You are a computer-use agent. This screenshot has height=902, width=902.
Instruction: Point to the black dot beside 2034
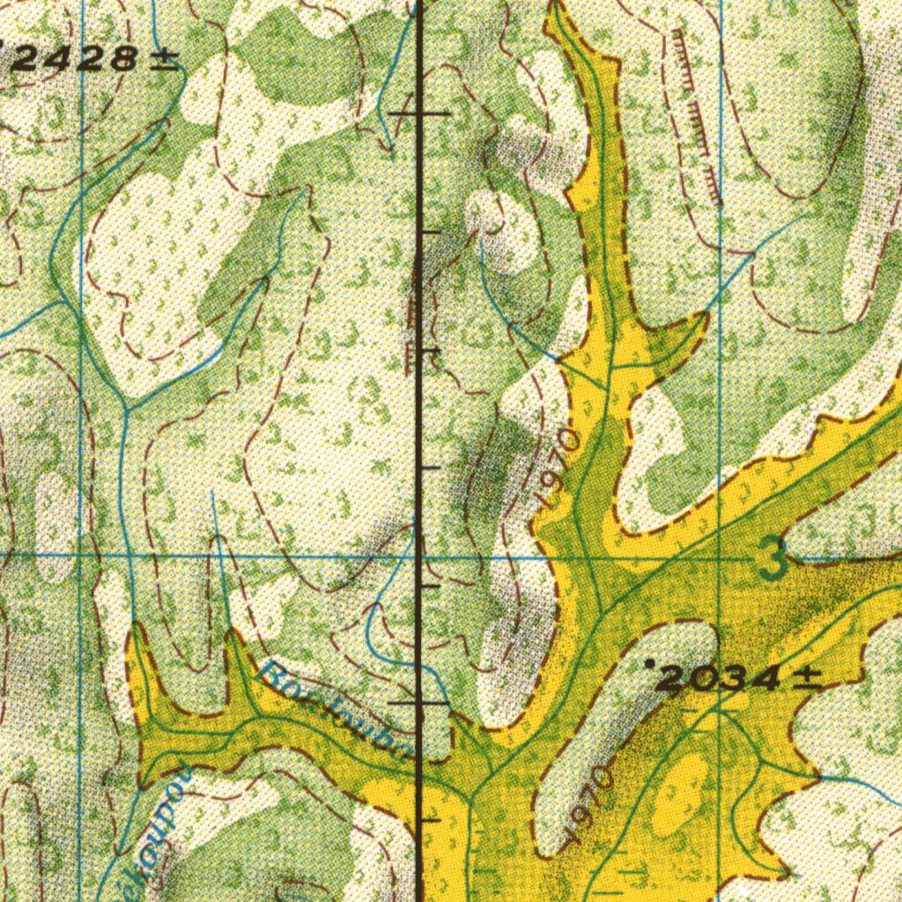click(650, 662)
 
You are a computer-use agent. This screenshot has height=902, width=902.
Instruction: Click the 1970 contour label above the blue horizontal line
click(558, 467)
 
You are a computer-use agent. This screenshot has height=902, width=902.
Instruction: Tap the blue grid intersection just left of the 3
click(721, 558)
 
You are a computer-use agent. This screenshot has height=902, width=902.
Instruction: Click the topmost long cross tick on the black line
click(419, 114)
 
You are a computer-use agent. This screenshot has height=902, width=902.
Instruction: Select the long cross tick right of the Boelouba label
click(419, 703)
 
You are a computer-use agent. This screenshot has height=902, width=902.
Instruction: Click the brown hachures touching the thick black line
click(411, 317)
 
